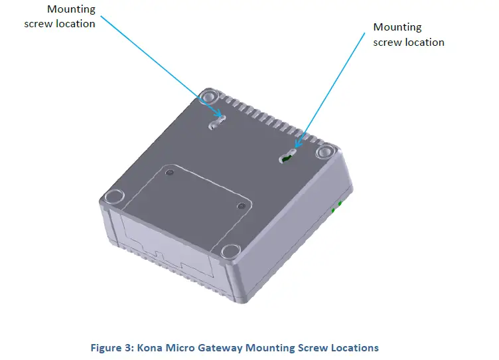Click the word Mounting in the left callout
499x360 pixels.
(x=71, y=9)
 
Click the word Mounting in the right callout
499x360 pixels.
(x=397, y=27)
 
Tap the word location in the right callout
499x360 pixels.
(x=421, y=42)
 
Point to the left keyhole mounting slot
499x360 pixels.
(x=217, y=122)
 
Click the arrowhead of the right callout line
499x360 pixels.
(x=297, y=143)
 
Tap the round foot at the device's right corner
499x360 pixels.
(x=324, y=152)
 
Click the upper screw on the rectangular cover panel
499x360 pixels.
(x=171, y=173)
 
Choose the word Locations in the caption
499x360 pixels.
(x=354, y=347)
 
